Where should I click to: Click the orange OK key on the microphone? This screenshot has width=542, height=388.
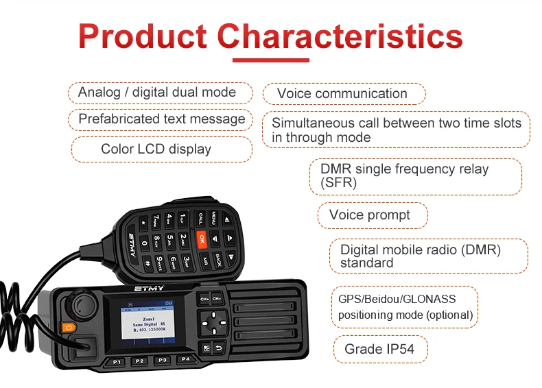[x=202, y=239]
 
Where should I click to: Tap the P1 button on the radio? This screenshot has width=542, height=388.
[x=117, y=361]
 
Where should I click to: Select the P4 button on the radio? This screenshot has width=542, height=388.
[x=184, y=359]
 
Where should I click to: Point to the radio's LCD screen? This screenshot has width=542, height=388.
[x=148, y=319]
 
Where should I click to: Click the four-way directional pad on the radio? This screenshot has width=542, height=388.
[x=217, y=320]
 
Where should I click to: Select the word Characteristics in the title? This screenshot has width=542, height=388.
[x=340, y=35]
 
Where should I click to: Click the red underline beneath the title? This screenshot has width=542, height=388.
[x=270, y=60]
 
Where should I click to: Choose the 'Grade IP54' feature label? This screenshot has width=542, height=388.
[x=379, y=350]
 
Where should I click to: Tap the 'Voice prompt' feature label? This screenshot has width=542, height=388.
[x=370, y=215]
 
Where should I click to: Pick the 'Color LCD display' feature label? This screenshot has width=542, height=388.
[x=156, y=149]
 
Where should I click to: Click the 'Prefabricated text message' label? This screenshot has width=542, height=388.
[x=161, y=119]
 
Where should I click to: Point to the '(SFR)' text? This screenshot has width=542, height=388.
[x=339, y=182]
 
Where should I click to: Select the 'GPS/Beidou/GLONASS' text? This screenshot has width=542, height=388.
[x=397, y=299]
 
